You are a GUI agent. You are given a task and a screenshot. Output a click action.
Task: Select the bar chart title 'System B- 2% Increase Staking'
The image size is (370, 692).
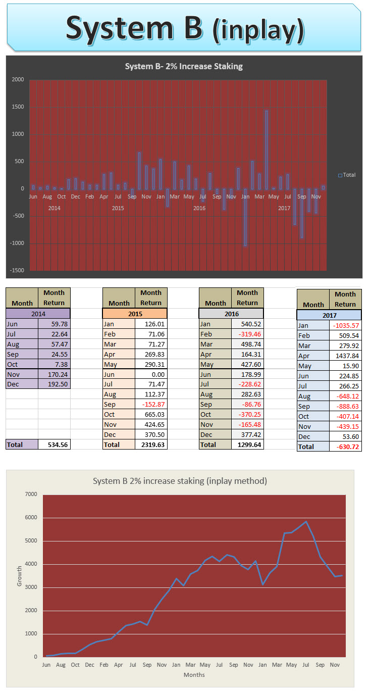click(x=184, y=66)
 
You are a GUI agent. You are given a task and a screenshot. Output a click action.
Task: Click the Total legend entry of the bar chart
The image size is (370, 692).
click(x=347, y=175)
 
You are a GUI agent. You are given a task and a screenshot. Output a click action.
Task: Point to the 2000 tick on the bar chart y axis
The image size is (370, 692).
click(x=18, y=80)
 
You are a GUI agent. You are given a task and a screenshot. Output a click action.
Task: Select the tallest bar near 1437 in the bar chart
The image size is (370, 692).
click(x=266, y=150)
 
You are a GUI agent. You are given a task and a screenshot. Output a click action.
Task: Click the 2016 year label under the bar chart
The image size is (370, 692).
click(x=199, y=208)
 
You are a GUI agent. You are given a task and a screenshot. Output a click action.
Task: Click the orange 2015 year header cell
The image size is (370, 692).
click(x=134, y=314)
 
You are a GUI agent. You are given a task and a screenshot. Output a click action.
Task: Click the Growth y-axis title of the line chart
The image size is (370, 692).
click(x=20, y=576)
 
